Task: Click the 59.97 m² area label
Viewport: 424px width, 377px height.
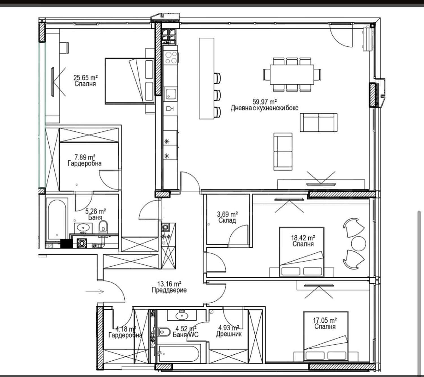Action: (x=264, y=102)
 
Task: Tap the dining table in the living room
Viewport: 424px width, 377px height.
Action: (x=292, y=74)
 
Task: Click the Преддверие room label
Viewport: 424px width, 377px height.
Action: (x=169, y=290)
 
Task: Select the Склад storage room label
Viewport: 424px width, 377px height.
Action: (x=227, y=220)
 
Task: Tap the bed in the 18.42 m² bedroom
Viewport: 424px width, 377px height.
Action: (x=301, y=251)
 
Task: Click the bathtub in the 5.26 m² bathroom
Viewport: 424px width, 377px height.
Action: (x=57, y=219)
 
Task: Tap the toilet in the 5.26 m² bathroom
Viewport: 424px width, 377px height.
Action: (x=103, y=226)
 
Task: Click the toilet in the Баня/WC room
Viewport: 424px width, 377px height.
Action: (x=164, y=331)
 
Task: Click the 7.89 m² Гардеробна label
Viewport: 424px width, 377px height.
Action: (x=84, y=163)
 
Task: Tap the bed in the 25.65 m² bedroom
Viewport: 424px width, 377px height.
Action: (x=129, y=81)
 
